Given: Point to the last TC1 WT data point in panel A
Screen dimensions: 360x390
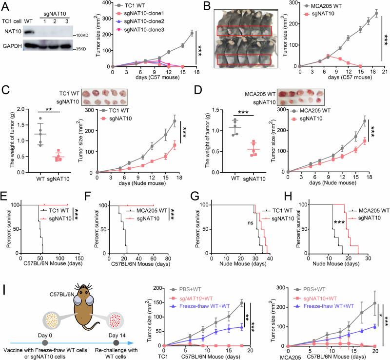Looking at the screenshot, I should (192, 33).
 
